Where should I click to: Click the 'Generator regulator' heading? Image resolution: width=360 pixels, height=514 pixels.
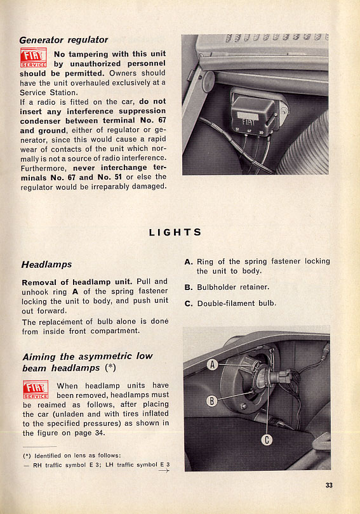tap(63, 40)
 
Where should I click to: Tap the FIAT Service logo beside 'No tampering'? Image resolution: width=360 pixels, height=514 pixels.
tap(34, 58)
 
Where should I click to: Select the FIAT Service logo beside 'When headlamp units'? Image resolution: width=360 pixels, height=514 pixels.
tap(36, 390)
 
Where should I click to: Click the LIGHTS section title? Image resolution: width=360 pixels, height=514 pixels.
tap(175, 232)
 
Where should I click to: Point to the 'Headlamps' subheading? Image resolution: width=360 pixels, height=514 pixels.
tap(46, 265)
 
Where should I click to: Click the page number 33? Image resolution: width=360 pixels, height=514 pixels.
tap(329, 485)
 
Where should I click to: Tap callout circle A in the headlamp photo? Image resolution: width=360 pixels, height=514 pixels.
tap(213, 364)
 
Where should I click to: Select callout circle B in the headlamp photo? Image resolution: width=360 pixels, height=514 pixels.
tap(212, 400)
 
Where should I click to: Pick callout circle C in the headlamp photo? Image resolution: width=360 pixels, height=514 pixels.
tap(267, 440)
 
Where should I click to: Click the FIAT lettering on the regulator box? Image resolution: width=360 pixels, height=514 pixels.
tap(248, 122)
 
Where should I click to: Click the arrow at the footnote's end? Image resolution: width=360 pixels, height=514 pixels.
tap(164, 471)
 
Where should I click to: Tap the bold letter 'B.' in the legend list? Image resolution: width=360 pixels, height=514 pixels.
tap(189, 287)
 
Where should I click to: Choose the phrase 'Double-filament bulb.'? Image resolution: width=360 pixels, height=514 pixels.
tap(237, 303)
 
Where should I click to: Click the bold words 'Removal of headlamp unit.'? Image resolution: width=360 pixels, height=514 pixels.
tap(77, 282)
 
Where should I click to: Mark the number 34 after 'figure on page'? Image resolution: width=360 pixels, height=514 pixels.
tap(100, 433)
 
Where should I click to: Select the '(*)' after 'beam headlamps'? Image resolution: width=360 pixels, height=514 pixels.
tap(110, 368)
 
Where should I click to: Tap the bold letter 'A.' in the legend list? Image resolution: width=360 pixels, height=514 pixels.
tap(189, 262)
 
